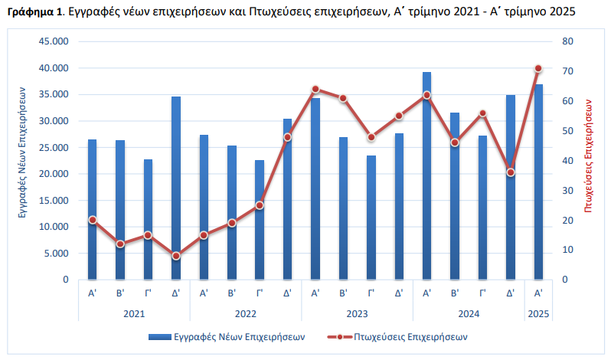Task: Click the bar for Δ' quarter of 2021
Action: click(176, 188)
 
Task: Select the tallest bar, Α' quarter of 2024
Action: click(426, 176)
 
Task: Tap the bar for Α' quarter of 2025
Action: click(538, 182)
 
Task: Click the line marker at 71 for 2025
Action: click(538, 68)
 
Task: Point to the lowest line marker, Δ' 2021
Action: click(176, 256)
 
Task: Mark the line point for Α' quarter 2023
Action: click(315, 89)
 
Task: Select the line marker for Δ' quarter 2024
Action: click(511, 172)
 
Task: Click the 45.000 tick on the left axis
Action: click(53, 41)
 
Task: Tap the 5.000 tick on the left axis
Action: click(55, 254)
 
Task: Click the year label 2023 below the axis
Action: click(357, 313)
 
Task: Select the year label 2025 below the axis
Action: click(538, 313)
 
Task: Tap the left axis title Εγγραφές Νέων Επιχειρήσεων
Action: click(24, 160)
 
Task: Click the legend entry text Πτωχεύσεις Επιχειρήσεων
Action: click(410, 336)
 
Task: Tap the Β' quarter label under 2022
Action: click(232, 293)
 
